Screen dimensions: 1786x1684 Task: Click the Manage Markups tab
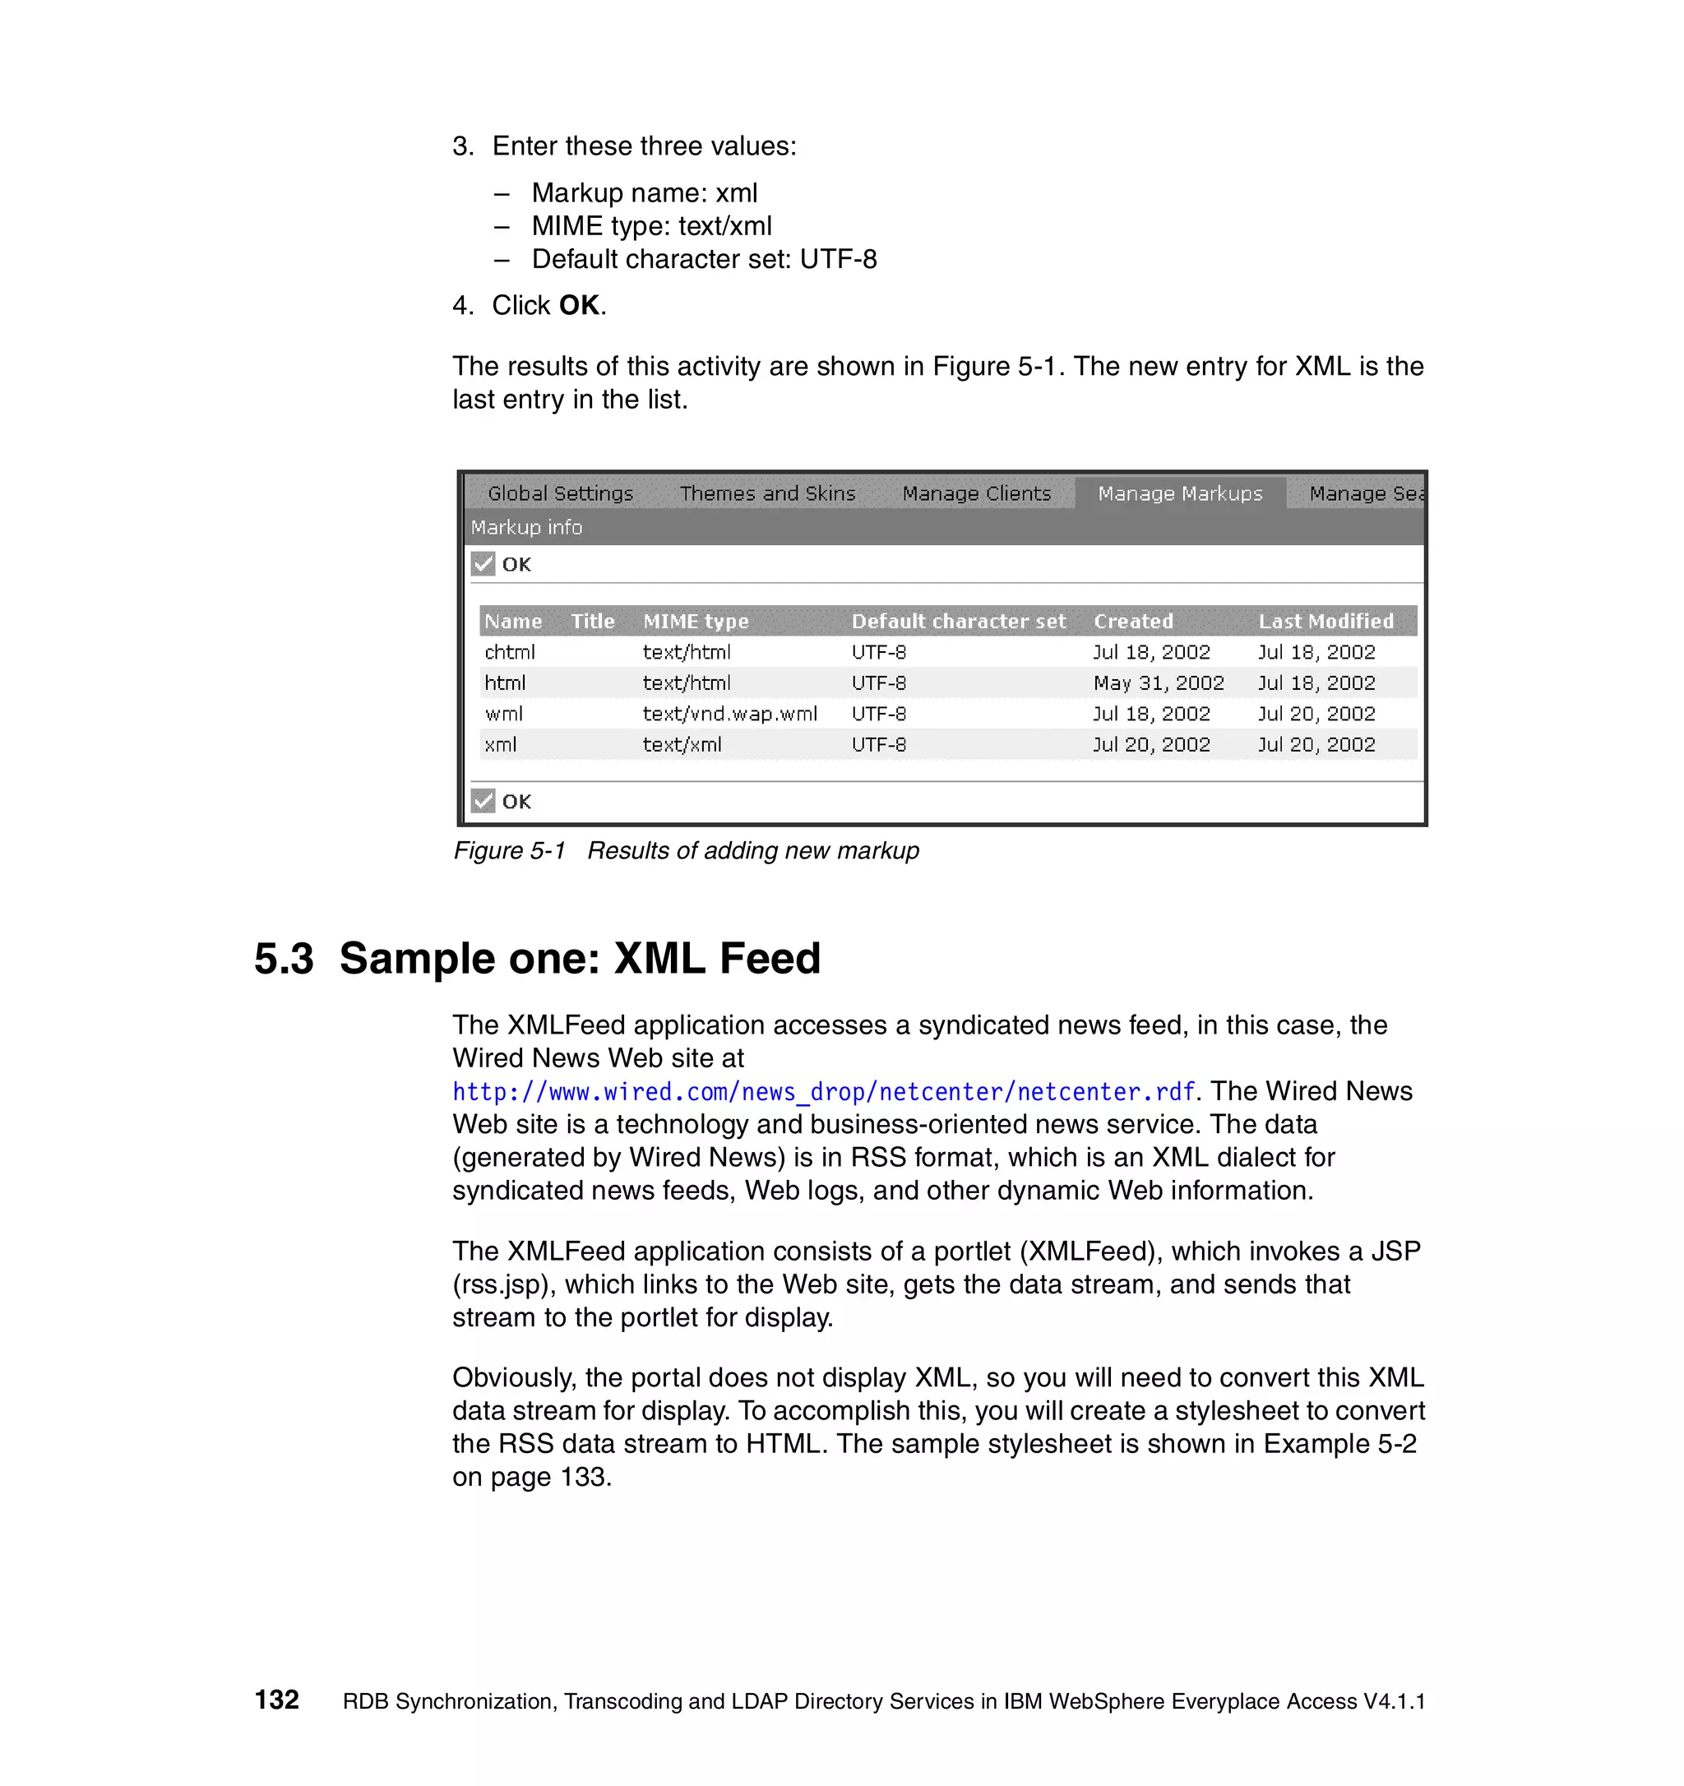1179,493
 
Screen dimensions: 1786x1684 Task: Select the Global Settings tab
561,493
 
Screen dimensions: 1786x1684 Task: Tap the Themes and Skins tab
767,493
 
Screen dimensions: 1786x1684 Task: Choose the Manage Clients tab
976,493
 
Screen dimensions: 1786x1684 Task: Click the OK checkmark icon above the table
483,563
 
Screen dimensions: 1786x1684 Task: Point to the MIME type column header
695,621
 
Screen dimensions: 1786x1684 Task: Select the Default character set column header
958,621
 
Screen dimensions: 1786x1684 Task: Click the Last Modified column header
1325,621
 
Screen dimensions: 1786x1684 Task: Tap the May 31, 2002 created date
1159,682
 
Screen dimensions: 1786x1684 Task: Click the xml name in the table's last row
500,744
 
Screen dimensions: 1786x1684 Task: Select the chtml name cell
509,651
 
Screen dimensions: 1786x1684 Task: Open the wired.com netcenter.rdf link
823,1091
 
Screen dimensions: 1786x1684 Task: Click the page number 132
276,1700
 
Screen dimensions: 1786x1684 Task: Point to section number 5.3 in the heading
284,958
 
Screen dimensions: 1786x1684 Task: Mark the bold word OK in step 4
578,305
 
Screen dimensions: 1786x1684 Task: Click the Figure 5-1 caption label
509,850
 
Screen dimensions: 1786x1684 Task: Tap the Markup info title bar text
526,527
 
